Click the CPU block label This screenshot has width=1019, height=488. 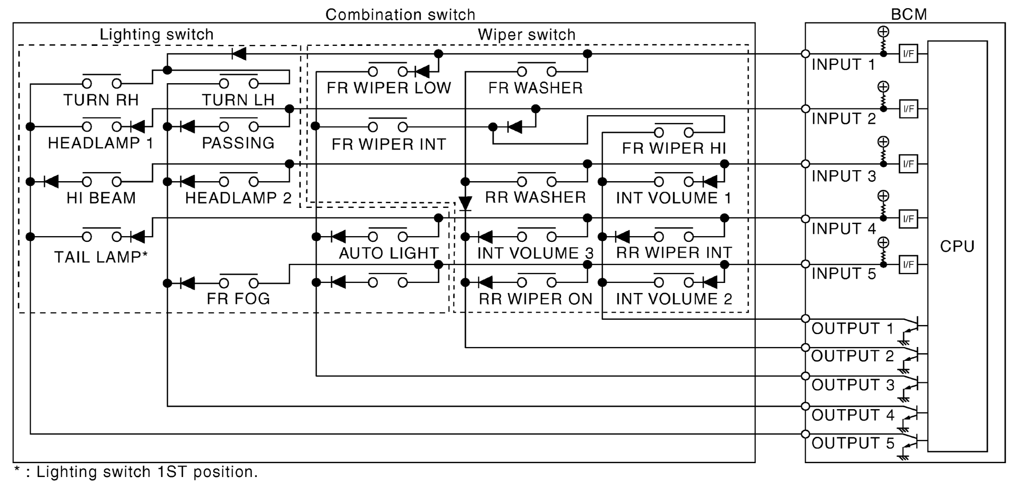pos(957,247)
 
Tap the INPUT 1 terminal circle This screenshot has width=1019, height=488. pos(806,54)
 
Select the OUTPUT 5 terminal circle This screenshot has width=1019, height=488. pos(806,434)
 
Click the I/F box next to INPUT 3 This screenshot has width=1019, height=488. pos(908,164)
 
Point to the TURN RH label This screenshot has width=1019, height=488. pos(101,100)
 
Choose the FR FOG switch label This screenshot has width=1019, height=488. pos(238,299)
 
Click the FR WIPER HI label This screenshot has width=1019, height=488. pos(674,149)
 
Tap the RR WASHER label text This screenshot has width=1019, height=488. pos(535,197)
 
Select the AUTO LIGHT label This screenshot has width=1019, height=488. pos(388,253)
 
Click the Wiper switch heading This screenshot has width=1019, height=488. pos(526,35)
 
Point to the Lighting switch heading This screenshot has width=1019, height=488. pos(156,35)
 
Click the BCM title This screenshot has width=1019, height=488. pos(908,14)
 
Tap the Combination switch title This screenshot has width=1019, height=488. pos(400,15)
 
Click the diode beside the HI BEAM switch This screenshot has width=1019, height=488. pos(51,182)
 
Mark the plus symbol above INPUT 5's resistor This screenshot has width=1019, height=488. pos(883,243)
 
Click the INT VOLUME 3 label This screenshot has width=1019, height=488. pos(535,253)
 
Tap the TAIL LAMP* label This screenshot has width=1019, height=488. pos(101,257)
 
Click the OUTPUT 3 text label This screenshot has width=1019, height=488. pos(853,385)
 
